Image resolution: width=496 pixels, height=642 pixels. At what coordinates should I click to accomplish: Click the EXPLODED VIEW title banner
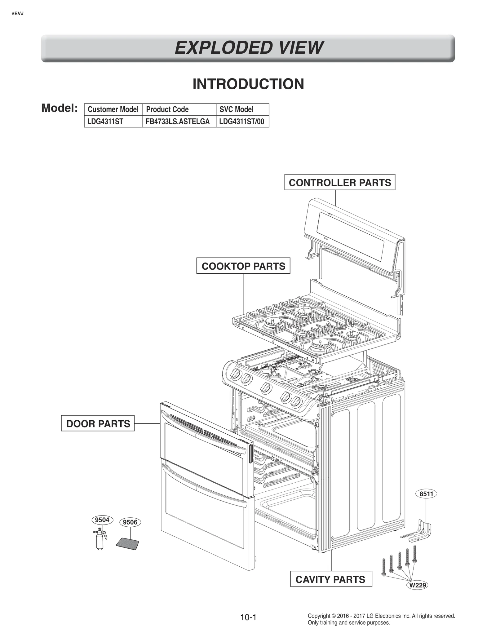click(x=248, y=48)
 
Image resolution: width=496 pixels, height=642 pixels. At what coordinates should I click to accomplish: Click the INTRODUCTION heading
click(x=248, y=84)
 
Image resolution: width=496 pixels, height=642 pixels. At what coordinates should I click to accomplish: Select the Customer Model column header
click(x=113, y=109)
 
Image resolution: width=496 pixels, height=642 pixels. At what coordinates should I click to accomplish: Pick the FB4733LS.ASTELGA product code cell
click(x=178, y=122)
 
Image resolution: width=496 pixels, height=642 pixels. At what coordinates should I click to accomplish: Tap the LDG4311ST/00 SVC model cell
click(x=241, y=122)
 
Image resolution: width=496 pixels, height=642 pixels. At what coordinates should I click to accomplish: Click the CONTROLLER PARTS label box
click(x=340, y=183)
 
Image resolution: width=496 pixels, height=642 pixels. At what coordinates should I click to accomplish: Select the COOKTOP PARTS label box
click(x=243, y=266)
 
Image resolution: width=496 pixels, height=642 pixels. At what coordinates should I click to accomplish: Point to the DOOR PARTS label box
click(x=98, y=423)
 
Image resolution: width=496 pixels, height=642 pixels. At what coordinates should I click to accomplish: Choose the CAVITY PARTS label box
click(x=330, y=579)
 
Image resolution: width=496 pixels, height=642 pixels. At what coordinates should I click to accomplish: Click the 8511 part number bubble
click(x=426, y=494)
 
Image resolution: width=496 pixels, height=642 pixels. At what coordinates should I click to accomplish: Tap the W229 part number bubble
click(x=418, y=585)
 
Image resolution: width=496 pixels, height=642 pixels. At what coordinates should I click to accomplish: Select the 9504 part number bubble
click(x=102, y=520)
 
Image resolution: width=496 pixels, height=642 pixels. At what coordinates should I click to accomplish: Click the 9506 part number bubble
click(x=130, y=522)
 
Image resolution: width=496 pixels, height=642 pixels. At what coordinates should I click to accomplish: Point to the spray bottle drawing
click(x=100, y=540)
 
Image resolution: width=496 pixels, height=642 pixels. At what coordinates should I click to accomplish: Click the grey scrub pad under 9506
click(x=127, y=544)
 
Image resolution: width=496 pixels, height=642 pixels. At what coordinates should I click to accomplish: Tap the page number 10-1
click(x=248, y=618)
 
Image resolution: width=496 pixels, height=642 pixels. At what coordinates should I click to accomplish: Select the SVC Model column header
click(x=236, y=109)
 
